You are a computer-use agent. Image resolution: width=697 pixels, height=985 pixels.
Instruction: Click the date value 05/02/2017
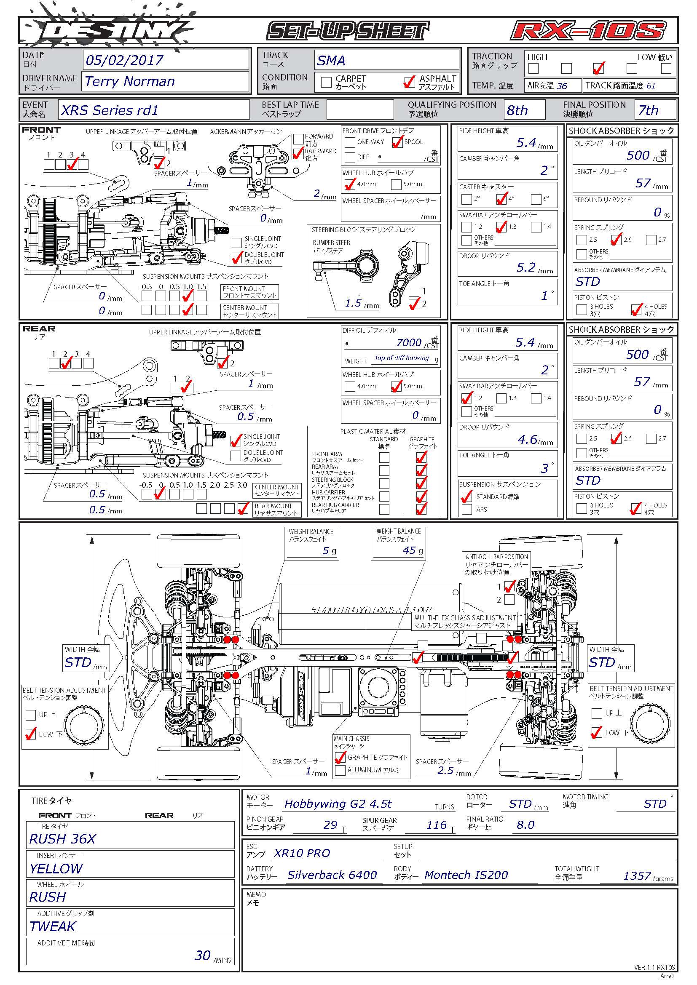pyautogui.click(x=124, y=60)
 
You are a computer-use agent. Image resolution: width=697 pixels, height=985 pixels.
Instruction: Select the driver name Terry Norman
pyautogui.click(x=130, y=81)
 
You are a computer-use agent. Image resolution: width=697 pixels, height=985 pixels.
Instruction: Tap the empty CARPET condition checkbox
pyautogui.click(x=326, y=82)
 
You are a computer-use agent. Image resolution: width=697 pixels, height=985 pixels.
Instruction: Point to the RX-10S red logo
pyautogui.click(x=588, y=31)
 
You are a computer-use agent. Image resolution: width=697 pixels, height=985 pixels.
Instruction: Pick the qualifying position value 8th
pyautogui.click(x=517, y=110)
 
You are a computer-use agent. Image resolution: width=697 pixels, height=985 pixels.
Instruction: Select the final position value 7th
pyautogui.click(x=648, y=110)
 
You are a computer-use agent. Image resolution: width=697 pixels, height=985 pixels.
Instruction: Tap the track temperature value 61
pyautogui.click(x=651, y=86)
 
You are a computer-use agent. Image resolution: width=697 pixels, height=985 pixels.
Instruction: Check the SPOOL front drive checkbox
pyautogui.click(x=397, y=142)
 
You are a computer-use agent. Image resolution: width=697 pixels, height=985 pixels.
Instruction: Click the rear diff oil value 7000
pyautogui.click(x=409, y=342)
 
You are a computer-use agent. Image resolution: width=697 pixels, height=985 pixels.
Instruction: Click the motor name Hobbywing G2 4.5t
pyautogui.click(x=338, y=804)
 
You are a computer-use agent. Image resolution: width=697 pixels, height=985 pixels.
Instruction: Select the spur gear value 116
pyautogui.click(x=436, y=825)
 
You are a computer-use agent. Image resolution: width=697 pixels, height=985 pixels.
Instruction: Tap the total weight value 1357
pyautogui.click(x=637, y=876)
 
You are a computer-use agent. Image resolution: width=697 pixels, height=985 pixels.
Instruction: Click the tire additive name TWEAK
pyautogui.click(x=52, y=926)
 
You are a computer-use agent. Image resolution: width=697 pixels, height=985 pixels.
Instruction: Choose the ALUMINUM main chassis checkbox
pyautogui.click(x=340, y=770)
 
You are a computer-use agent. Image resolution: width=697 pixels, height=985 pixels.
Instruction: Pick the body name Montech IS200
pyautogui.click(x=466, y=875)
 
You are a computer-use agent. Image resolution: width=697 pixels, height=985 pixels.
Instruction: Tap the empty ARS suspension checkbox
pyautogui.click(x=466, y=509)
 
